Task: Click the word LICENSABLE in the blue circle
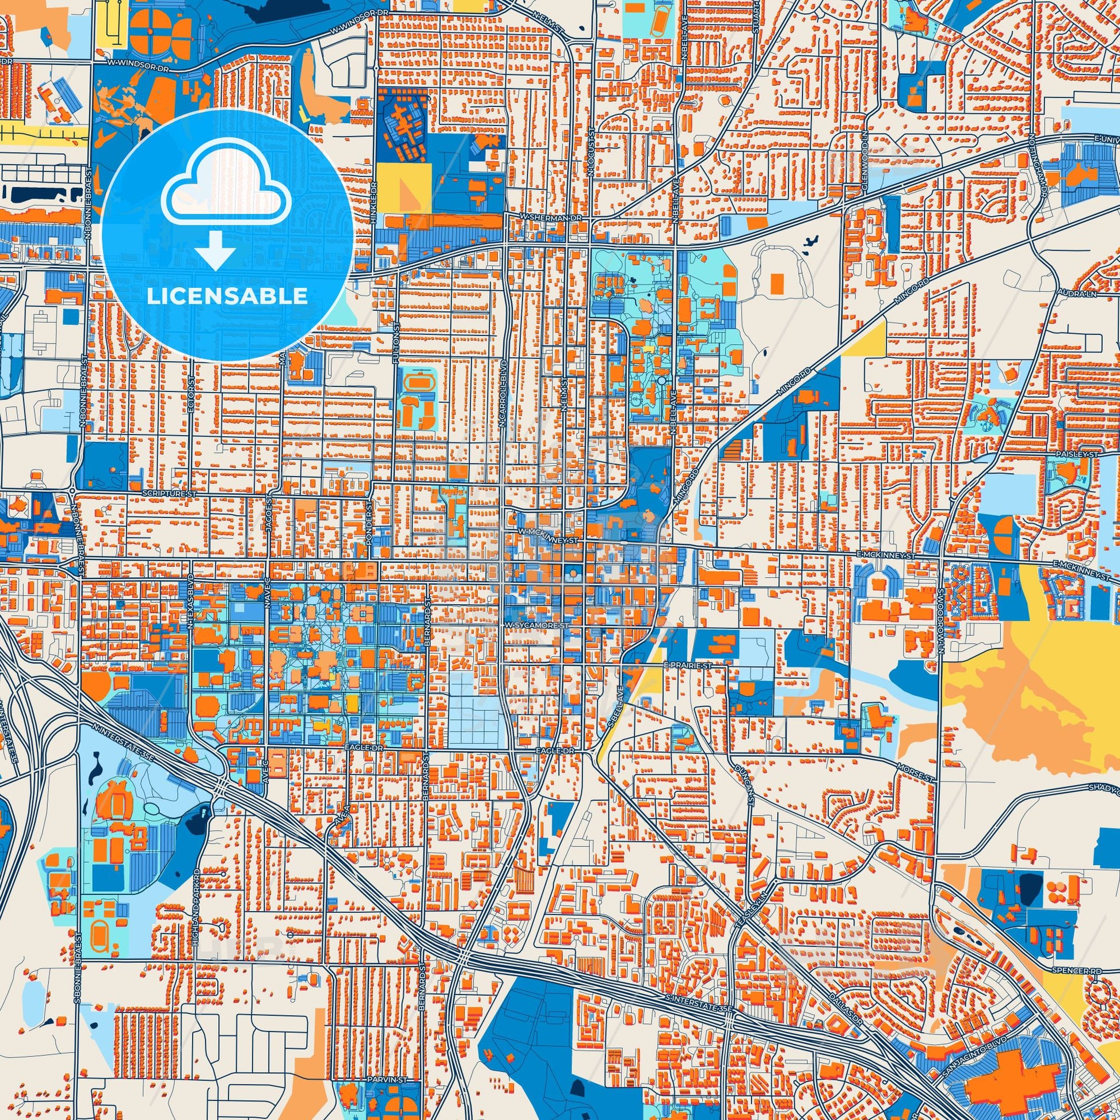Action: coord(227,296)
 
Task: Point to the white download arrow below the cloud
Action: coord(215,250)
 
